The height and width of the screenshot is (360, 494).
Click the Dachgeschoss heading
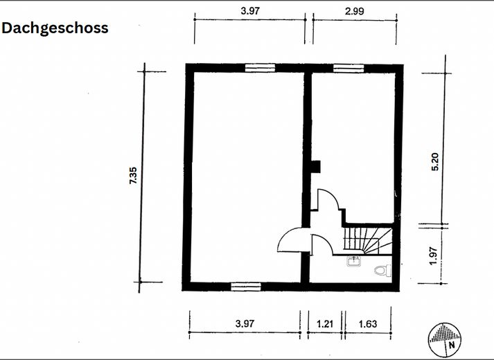[55, 28]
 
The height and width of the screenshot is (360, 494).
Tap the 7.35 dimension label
[133, 175]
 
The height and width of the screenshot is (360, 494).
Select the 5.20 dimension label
[434, 161]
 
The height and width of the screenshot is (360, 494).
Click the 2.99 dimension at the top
[355, 11]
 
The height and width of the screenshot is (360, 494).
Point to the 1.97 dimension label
[434, 256]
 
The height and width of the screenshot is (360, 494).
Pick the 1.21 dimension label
[324, 323]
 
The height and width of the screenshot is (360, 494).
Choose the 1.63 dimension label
[368, 323]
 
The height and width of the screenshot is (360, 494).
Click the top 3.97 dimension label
[250, 11]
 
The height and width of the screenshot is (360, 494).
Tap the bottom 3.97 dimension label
[245, 323]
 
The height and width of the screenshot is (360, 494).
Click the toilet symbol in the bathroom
[382, 270]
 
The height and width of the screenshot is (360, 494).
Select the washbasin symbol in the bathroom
[354, 261]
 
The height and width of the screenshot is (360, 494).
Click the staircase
[368, 241]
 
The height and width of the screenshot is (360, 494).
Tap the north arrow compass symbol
[444, 339]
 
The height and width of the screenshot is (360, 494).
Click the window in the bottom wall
[246, 287]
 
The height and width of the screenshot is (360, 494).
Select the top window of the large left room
[261, 68]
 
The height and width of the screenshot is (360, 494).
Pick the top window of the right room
[349, 69]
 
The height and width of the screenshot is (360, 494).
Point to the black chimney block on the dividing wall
[316, 167]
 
